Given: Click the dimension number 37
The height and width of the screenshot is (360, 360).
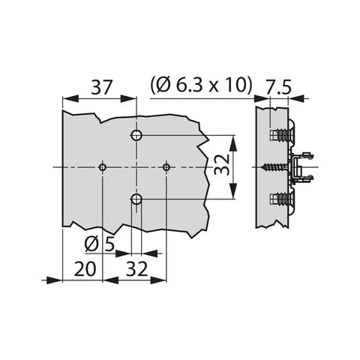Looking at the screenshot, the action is click(x=100, y=88).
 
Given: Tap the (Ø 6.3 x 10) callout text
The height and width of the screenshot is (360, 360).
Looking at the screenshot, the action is click(x=200, y=85).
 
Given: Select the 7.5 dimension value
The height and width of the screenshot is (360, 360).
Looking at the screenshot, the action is click(x=278, y=87).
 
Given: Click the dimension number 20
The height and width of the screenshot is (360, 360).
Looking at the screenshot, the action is click(x=85, y=269).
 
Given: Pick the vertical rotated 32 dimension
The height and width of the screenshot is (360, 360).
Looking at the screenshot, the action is click(x=222, y=164).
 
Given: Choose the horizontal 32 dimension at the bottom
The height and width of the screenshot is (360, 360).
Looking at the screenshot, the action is click(x=136, y=269).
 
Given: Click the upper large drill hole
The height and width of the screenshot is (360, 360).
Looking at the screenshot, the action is click(x=136, y=135).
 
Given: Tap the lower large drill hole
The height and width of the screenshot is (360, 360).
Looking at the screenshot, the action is click(x=136, y=199).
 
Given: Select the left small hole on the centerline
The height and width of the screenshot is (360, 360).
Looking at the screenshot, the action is click(x=103, y=167).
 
